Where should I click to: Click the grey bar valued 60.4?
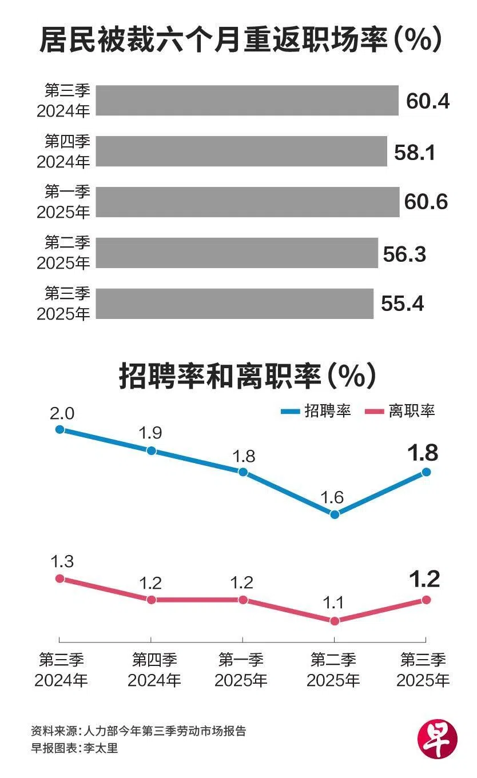click(247, 101)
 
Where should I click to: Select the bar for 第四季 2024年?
click(241, 151)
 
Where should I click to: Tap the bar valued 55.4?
click(234, 304)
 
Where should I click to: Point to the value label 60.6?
click(426, 202)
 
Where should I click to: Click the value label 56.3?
click(404, 254)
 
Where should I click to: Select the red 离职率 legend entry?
click(400, 411)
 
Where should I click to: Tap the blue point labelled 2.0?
click(59, 429)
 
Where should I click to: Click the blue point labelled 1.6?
click(335, 514)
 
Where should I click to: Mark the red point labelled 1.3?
click(59, 578)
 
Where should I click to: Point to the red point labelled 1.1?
click(335, 620)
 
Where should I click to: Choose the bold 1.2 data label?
click(424, 580)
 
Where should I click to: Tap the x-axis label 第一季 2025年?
click(241, 671)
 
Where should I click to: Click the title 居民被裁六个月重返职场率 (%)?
click(240, 41)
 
